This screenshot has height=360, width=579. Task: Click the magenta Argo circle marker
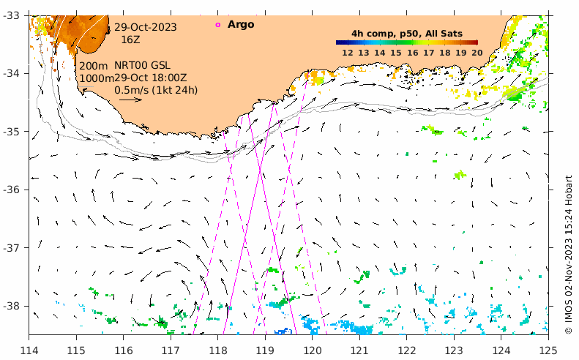coord(217,25)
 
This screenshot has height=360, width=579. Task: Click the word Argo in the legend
coord(241,25)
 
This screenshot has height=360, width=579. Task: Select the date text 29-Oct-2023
coord(145,27)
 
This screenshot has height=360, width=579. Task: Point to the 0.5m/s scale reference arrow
coord(130,100)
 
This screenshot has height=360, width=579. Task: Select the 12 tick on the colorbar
coord(348,53)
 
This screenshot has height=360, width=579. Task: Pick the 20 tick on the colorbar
coord(477,53)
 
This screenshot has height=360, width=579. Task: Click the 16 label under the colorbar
coord(412,53)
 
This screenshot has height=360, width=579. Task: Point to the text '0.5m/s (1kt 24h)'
coord(156,90)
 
